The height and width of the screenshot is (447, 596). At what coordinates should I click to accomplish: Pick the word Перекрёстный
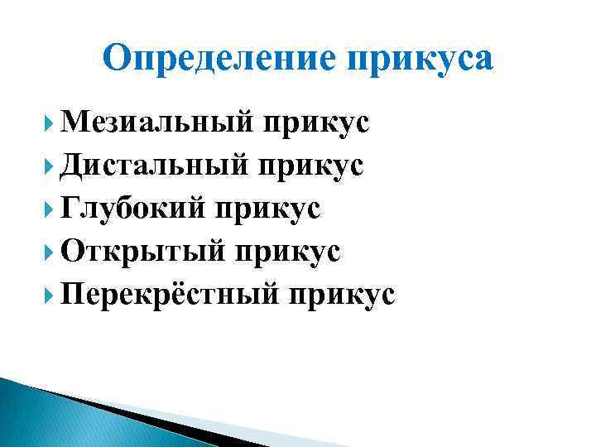(x=170, y=296)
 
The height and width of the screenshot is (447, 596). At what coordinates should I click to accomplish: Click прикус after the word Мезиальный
(x=316, y=123)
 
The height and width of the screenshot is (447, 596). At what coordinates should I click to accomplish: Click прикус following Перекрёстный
(x=344, y=296)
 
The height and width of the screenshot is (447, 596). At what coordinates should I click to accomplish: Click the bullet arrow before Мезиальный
(x=49, y=124)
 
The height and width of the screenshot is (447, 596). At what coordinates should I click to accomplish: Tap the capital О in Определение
(x=119, y=59)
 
